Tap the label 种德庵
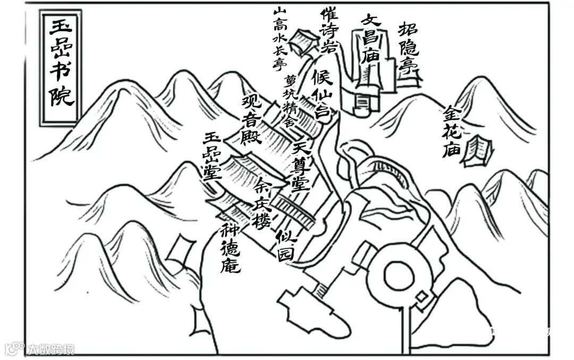pyautogui.click(x=232, y=249)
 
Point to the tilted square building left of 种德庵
pyautogui.click(x=181, y=249)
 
